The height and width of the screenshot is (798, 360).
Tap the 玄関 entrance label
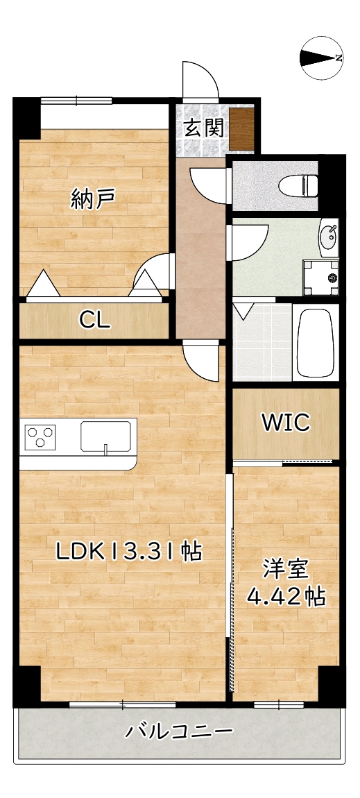203,128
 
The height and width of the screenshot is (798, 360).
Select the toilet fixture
298,185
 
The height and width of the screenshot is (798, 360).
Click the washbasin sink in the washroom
329,237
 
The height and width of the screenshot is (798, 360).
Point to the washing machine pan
321,277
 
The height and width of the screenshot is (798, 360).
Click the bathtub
316,343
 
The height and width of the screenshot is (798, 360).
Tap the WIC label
285,423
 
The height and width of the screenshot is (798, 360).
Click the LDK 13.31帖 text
128,552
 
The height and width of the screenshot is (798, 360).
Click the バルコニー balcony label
178,731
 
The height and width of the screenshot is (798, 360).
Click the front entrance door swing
199,80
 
